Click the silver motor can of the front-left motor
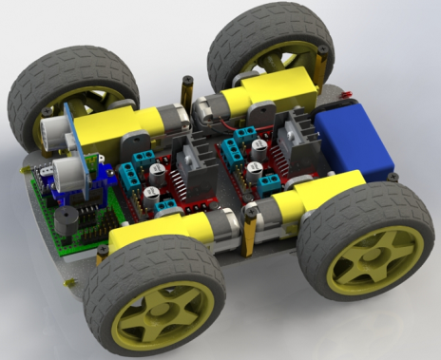(x=220, y=228)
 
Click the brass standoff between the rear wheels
(x=186, y=91)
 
